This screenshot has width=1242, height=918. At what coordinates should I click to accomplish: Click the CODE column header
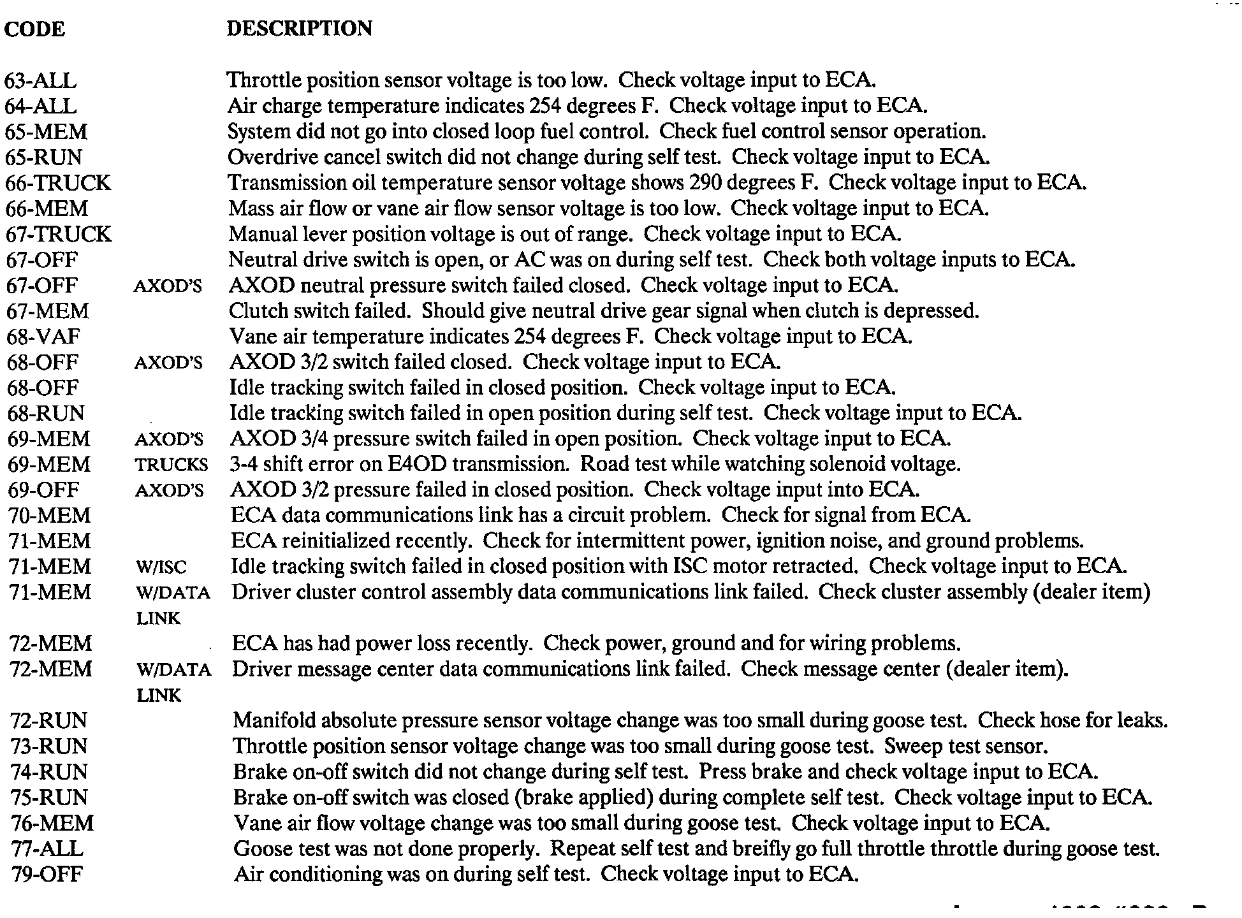click(34, 29)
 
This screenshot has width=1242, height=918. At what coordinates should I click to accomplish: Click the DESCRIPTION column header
click(299, 29)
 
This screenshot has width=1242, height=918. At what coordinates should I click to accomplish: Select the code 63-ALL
click(40, 81)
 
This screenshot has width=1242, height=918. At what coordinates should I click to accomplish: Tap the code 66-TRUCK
click(58, 183)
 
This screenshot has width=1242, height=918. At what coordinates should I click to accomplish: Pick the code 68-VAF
click(44, 337)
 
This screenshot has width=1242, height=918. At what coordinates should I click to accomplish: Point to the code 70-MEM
click(50, 516)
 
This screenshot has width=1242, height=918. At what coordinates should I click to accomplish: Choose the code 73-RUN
click(49, 747)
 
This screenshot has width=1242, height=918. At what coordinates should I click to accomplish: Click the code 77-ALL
click(47, 849)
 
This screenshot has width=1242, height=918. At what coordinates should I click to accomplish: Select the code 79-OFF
click(47, 874)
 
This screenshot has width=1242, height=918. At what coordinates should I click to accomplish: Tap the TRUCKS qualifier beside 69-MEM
click(172, 465)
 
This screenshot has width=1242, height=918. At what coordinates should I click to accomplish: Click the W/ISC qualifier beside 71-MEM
click(162, 567)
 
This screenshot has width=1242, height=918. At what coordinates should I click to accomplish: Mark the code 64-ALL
click(40, 106)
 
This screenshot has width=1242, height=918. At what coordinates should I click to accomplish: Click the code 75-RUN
click(49, 798)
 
